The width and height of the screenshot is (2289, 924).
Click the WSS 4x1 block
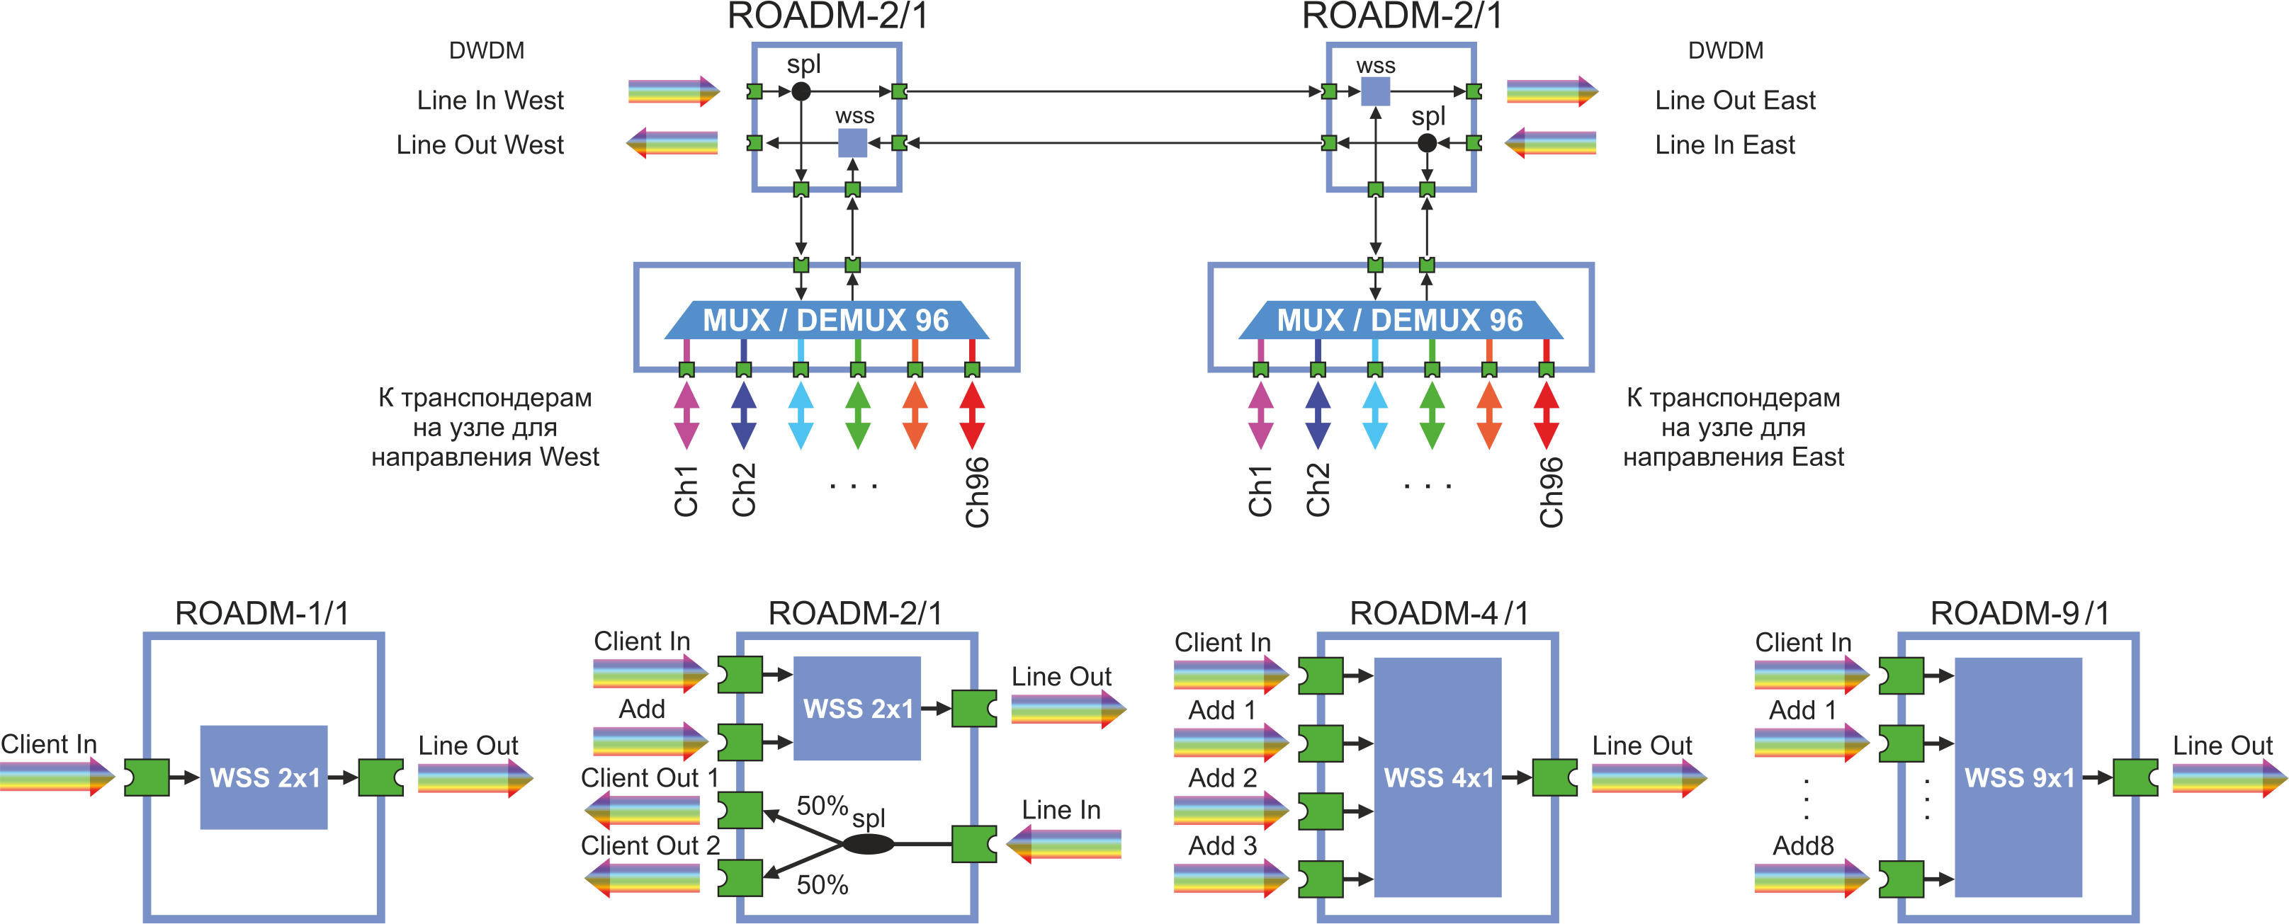pyautogui.click(x=1437, y=777)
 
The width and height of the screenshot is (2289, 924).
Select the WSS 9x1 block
pyautogui.click(x=2018, y=777)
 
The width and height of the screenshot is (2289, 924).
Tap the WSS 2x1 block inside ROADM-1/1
pyautogui.click(x=264, y=777)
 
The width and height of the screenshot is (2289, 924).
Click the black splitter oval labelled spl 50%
pyautogui.click(x=867, y=843)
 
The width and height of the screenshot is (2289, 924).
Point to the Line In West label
pyautogui.click(x=490, y=101)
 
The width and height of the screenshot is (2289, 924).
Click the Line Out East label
pyautogui.click(x=1734, y=101)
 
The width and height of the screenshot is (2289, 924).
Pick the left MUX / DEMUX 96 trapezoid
pyautogui.click(x=825, y=320)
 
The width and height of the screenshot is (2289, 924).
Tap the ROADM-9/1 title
pyautogui.click(x=2019, y=613)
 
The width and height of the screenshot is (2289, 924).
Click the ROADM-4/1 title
pyautogui.click(x=1439, y=613)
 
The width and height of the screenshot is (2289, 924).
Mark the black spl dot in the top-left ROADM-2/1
pyautogui.click(x=801, y=91)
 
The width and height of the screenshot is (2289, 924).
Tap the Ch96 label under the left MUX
pyautogui.click(x=976, y=492)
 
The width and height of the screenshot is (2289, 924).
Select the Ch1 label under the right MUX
pyautogui.click(x=1260, y=491)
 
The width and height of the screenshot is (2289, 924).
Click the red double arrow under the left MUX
pyautogui.click(x=972, y=415)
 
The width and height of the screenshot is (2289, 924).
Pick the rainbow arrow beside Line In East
pyautogui.click(x=1551, y=143)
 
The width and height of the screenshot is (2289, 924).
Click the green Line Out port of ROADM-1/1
pyautogui.click(x=381, y=777)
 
